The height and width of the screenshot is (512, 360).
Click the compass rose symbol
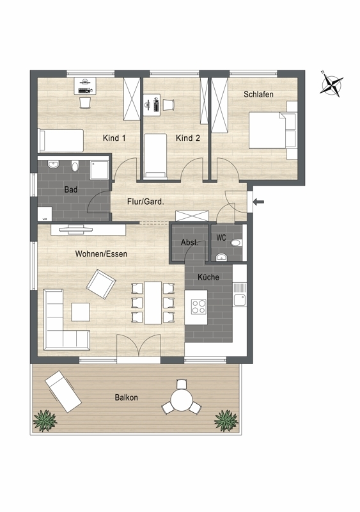click(332, 84)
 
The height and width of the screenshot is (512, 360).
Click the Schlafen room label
click(258, 94)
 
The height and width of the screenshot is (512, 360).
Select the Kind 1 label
click(114, 138)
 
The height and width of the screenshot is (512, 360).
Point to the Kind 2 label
click(188, 138)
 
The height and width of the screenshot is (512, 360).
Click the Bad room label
click(71, 190)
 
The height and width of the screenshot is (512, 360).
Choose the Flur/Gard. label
click(146, 202)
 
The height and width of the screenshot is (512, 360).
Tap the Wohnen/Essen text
click(101, 254)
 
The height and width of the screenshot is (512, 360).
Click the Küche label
click(208, 277)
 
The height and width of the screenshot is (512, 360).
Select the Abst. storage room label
click(190, 243)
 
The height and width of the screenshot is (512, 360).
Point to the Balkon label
click(126, 397)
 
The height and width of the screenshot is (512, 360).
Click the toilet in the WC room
click(236, 243)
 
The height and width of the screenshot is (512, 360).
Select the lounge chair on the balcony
click(63, 390)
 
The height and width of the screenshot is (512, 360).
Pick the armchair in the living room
click(101, 284)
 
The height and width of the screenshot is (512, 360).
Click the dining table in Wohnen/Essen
click(153, 303)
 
